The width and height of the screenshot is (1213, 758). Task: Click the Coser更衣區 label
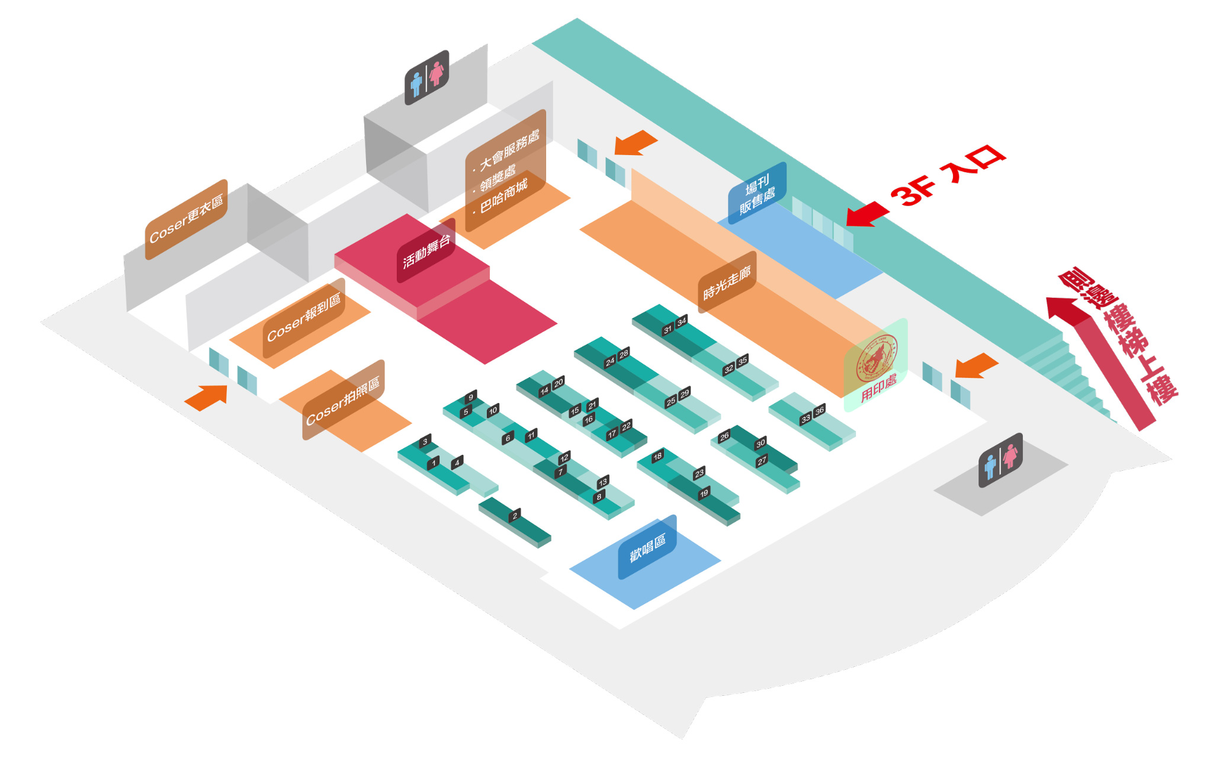(186, 219)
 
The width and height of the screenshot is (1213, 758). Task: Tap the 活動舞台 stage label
(426, 251)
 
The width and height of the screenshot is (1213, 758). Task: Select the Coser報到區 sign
(304, 317)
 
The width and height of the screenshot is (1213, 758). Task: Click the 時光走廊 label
(727, 282)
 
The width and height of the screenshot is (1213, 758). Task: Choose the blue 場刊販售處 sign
(757, 193)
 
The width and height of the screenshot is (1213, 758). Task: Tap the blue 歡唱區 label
(647, 547)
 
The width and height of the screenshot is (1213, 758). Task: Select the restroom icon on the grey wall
(426, 78)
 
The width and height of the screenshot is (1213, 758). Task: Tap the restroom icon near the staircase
(1000, 460)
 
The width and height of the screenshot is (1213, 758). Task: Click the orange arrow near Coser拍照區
(207, 397)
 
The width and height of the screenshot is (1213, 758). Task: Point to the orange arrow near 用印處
(977, 365)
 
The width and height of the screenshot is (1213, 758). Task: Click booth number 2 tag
(515, 515)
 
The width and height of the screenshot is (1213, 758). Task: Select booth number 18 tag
(657, 457)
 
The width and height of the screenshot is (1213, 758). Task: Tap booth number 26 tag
(724, 437)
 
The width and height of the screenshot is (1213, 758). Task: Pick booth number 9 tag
(471, 397)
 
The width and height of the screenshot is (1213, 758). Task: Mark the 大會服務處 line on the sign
(509, 150)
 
